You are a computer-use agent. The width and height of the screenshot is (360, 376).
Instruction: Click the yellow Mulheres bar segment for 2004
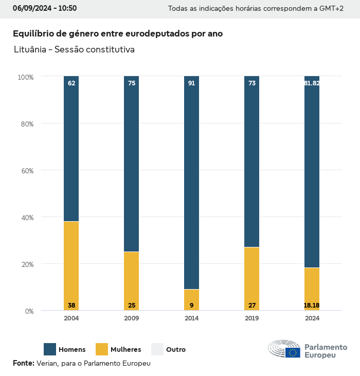[x=71, y=262]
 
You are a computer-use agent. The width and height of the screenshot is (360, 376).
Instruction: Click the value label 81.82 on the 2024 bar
[x=312, y=83]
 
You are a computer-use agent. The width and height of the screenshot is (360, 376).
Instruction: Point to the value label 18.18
[x=312, y=306]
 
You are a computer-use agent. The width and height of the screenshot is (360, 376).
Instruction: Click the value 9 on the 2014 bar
[x=191, y=306]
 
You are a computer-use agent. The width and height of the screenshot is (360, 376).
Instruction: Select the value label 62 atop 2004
[x=71, y=83]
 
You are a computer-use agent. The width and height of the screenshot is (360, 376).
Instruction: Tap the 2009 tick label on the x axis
[x=132, y=318]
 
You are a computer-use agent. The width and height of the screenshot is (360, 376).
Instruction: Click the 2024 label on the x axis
[x=312, y=318]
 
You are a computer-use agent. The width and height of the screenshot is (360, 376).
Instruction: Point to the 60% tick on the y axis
[x=26, y=171]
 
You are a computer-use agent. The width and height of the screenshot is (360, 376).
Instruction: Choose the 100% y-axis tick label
[x=25, y=77]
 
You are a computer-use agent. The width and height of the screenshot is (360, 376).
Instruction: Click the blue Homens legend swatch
[x=50, y=349]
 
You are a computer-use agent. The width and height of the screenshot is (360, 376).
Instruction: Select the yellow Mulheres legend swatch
[x=102, y=349]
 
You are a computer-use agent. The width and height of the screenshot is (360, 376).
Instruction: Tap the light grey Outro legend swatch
[x=157, y=349]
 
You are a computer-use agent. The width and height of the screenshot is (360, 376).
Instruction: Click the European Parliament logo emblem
[x=284, y=349]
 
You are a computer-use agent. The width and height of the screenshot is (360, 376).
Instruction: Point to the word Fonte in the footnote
[x=23, y=363]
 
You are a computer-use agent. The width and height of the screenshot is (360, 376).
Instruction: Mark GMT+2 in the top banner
[x=332, y=9]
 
